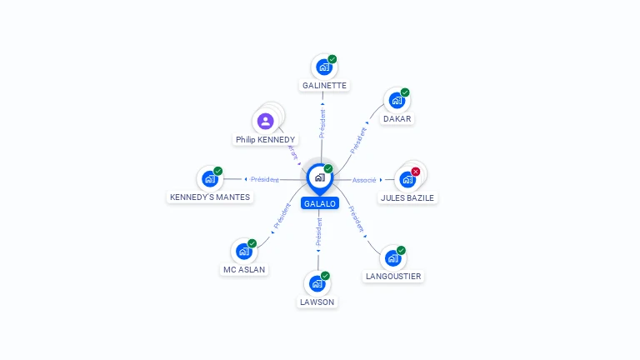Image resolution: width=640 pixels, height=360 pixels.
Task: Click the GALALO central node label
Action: pos(320,203)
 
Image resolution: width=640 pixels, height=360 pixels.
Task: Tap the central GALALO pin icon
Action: pos(319,177)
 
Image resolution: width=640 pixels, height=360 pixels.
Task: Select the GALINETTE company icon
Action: pos(323,67)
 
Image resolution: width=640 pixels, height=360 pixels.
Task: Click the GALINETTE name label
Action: pos(324,85)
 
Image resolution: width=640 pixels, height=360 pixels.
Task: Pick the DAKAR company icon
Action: pos(397,101)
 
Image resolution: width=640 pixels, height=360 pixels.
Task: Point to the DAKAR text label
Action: pos(397,118)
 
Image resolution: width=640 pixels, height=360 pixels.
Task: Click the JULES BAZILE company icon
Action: pos(407,179)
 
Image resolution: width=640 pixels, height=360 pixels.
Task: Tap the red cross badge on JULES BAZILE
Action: pos(416,172)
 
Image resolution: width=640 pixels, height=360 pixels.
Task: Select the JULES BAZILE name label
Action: pos(407,197)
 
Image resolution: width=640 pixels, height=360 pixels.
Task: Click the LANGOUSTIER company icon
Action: pos(392,258)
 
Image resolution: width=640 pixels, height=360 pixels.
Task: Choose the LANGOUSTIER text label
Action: pos(393,276)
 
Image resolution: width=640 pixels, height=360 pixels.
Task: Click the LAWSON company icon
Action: pos(317,284)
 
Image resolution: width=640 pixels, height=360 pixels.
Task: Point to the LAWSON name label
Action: pos(317,302)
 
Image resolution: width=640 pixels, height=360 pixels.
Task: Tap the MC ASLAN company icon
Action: pos(243,251)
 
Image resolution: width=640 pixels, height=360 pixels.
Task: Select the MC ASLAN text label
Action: pos(243,269)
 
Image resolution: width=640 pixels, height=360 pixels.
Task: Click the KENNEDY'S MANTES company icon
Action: pos(209,179)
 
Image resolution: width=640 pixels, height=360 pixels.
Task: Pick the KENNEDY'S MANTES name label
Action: pos(210,197)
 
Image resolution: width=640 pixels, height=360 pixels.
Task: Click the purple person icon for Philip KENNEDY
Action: pos(265,122)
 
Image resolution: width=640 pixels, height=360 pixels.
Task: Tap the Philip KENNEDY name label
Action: pos(265,139)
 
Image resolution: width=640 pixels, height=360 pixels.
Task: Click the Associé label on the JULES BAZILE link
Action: pos(364,180)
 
